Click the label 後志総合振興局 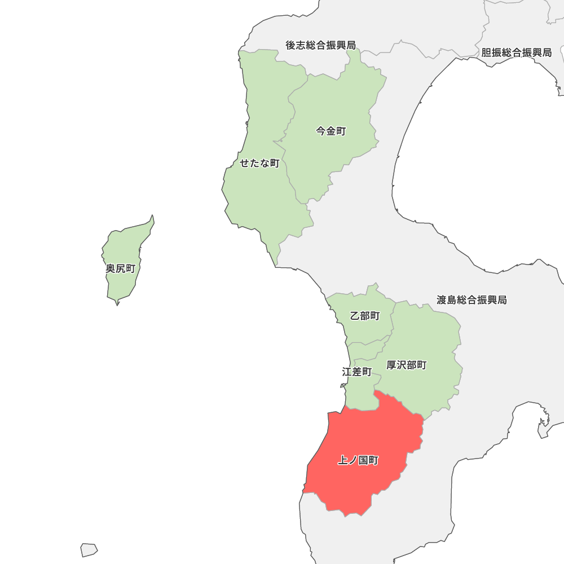point(320,45)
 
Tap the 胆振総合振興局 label point(516,52)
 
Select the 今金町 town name point(331,131)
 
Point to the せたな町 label point(259,163)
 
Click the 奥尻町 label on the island point(120,268)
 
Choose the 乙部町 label point(364,316)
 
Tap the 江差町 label point(356,372)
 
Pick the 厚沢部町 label point(406,365)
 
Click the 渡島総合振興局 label point(472,299)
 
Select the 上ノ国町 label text point(358,461)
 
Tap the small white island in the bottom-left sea point(89,549)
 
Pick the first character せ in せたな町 point(244,163)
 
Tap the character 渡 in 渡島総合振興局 point(442,299)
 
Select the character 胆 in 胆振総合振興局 point(486,52)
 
